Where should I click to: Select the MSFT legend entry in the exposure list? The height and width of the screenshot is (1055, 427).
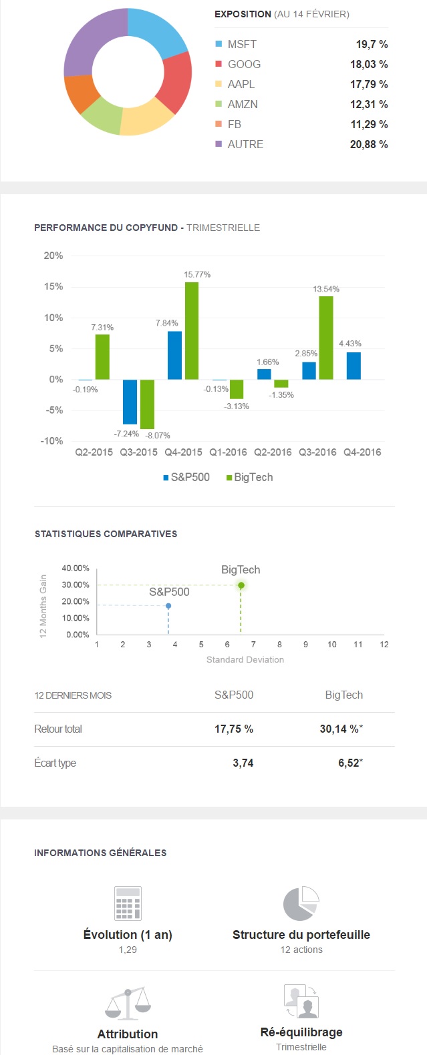241,44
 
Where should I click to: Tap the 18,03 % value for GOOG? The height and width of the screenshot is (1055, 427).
369,64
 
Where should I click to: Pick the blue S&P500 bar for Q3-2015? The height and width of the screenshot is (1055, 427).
130,402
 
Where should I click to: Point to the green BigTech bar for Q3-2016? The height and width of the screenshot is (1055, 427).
326,338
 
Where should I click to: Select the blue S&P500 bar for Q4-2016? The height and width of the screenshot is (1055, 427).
353,366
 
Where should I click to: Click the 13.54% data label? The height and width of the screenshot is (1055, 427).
326,289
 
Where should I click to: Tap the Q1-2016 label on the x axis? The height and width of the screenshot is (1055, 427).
228,452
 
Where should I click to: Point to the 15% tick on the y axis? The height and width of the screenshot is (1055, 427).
53,286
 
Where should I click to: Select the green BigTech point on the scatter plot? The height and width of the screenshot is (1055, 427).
241,585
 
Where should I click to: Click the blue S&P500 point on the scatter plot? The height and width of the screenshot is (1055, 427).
168,606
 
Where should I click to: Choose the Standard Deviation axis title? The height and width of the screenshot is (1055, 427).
245,659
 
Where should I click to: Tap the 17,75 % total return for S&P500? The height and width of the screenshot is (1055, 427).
233,729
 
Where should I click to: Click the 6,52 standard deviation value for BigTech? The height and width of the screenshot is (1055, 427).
348,763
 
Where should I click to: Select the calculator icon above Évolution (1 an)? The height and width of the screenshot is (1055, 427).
128,904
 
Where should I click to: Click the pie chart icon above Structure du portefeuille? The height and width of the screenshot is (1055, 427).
301,904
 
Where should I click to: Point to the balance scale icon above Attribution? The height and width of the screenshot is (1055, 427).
128,1004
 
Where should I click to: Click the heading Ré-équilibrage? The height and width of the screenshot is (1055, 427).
301,1032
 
